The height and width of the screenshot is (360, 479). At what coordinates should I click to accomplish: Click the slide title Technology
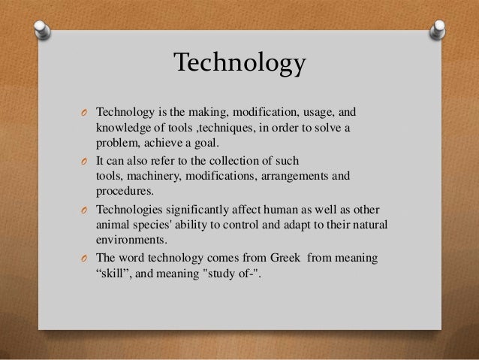pyautogui.click(x=239, y=63)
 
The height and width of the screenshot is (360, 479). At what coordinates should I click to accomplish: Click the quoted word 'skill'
pyautogui.click(x=113, y=274)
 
